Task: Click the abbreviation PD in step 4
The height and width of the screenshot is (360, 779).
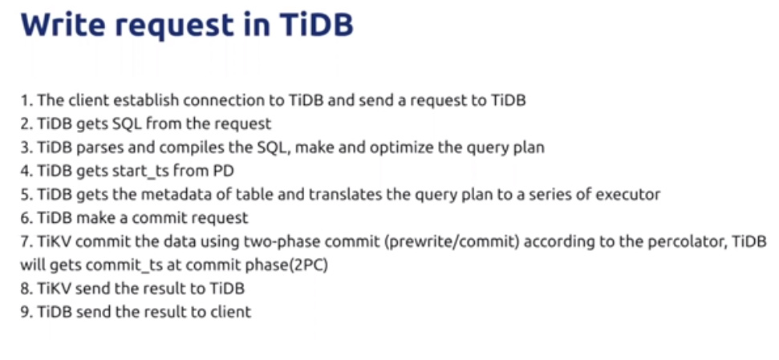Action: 224,171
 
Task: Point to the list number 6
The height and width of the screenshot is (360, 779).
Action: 26,218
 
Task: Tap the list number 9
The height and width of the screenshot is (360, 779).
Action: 26,313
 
